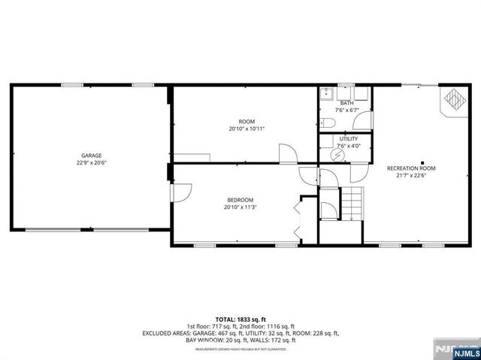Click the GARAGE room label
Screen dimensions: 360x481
click(x=92, y=156)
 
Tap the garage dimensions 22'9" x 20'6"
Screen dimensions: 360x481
click(x=92, y=162)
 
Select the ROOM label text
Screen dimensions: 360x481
click(x=247, y=122)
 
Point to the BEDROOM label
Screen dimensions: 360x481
click(x=240, y=200)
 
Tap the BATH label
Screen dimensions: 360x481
click(x=346, y=103)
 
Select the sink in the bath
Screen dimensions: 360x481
click(x=327, y=94)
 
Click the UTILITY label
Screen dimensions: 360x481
click(x=349, y=139)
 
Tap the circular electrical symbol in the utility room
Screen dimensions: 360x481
click(x=338, y=153)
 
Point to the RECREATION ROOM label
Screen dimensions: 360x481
click(x=411, y=168)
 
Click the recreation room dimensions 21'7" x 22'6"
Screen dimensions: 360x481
click(x=411, y=176)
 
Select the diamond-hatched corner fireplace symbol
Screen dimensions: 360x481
click(x=455, y=99)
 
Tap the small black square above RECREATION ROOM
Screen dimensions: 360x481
click(x=422, y=162)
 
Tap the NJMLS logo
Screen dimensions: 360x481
click(x=464, y=352)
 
